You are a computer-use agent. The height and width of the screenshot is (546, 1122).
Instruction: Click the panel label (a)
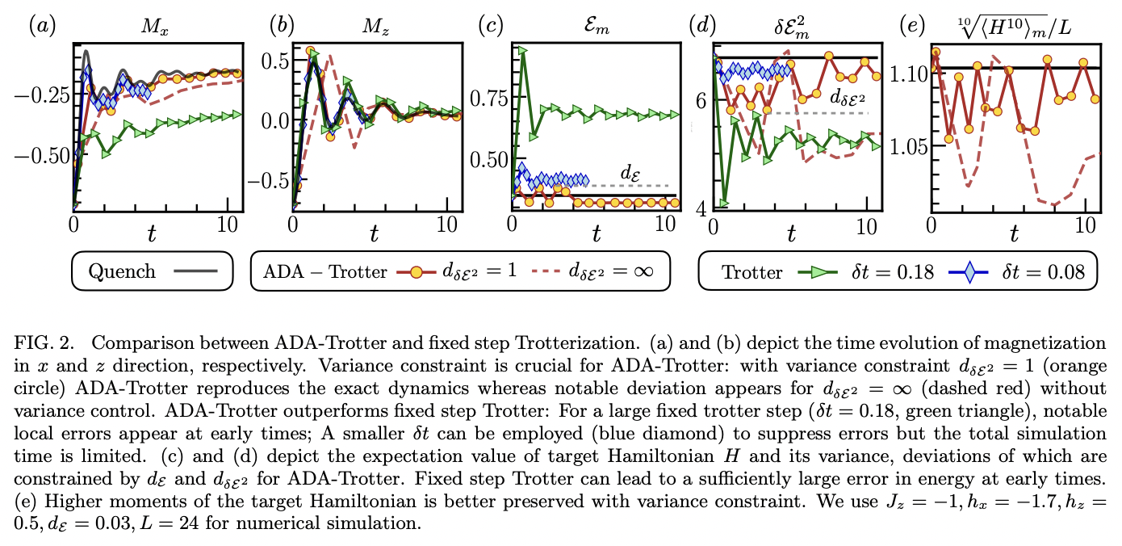(42, 26)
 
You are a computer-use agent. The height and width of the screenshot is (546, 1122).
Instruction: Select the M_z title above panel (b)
(372, 26)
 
